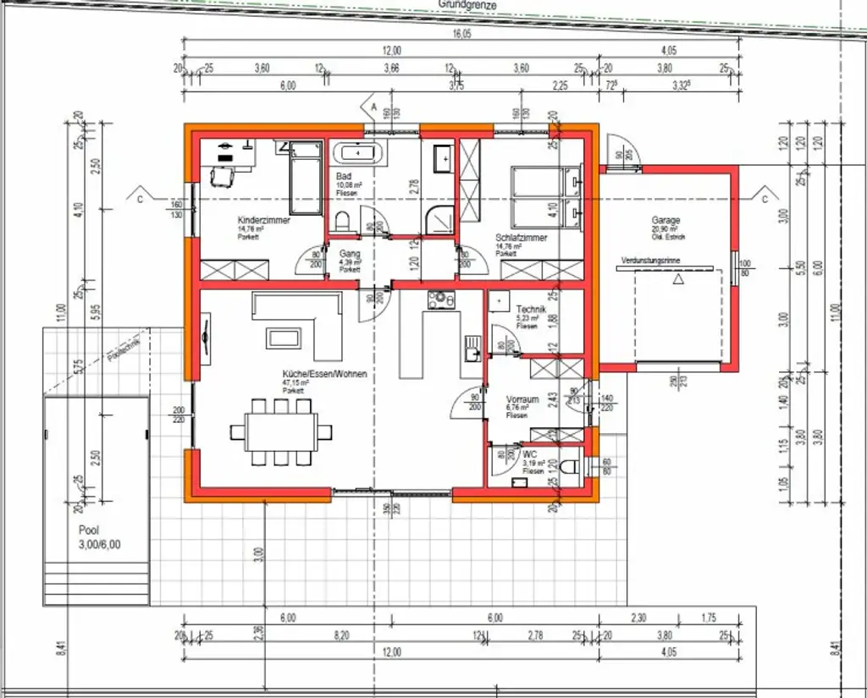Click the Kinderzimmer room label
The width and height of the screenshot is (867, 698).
tap(264, 220)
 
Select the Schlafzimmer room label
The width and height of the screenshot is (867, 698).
tap(522, 238)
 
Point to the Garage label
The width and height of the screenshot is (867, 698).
tap(665, 221)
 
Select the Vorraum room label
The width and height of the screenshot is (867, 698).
tap(523, 399)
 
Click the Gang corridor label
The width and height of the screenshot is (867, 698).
tap(351, 253)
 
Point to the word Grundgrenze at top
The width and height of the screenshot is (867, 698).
tap(467, 5)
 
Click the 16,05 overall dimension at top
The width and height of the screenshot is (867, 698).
tap(461, 34)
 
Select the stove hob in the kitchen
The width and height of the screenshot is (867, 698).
tap(440, 300)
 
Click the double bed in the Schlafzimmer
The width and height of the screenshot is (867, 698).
tap(545, 198)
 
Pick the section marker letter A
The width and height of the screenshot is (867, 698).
tap(373, 107)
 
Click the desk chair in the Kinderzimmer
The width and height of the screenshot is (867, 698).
tap(222, 176)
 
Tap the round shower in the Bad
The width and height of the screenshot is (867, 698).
tap(439, 217)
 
